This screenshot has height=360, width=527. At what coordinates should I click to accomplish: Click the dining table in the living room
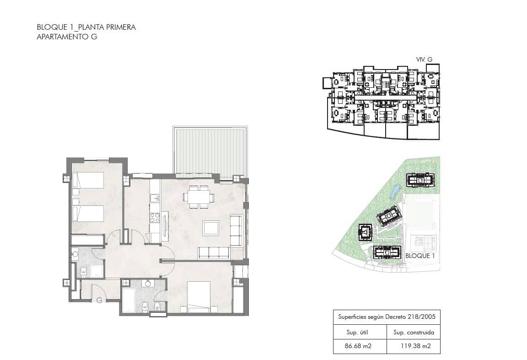click(199, 197)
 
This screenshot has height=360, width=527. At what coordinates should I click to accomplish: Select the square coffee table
click(211, 228)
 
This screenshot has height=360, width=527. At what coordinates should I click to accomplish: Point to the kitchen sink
click(155, 198)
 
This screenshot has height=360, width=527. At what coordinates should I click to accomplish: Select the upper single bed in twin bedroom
click(88, 181)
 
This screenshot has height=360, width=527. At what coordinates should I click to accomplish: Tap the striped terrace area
click(210, 150)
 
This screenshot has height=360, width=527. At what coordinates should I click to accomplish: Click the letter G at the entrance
click(99, 301)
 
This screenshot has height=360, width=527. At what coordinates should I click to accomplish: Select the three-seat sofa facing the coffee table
click(213, 253)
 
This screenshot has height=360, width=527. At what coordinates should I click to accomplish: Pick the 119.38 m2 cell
click(413, 346)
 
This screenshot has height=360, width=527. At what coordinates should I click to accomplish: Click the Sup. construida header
click(413, 333)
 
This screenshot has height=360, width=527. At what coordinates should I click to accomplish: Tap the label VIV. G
click(424, 59)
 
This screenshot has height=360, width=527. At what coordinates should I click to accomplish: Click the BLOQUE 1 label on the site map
click(419, 256)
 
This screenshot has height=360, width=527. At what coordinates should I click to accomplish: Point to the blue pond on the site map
click(395, 191)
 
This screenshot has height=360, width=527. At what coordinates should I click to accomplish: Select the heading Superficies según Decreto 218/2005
click(387, 317)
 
